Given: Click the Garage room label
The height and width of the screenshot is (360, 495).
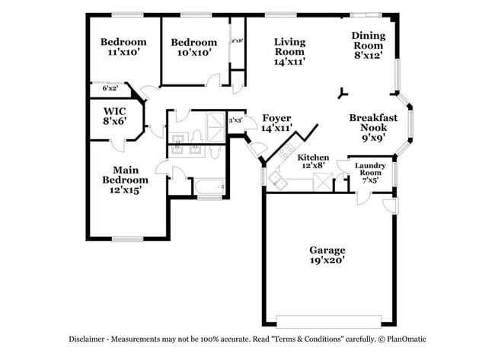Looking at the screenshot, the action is (x=327, y=250).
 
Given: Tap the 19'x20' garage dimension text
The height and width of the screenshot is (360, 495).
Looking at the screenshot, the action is (x=327, y=260).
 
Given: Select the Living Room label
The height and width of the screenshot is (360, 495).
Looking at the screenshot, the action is (x=289, y=46).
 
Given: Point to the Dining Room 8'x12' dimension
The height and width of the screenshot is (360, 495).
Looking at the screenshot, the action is (x=369, y=56).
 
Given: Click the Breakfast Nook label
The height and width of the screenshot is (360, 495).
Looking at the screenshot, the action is (x=373, y=123).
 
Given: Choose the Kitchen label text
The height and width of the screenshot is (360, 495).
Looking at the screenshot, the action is (x=313, y=157).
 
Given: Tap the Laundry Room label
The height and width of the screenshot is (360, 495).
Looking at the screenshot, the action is (x=370, y=169).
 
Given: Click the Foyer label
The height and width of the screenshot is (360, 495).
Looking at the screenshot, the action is (x=277, y=118).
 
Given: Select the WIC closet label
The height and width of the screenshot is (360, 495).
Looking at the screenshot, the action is (x=114, y=111).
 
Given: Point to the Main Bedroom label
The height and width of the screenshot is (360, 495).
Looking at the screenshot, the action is (x=126, y=175).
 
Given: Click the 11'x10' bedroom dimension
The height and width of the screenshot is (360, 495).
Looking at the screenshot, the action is (x=123, y=52).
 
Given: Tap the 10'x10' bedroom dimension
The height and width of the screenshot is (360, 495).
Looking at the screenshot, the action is (x=194, y=53).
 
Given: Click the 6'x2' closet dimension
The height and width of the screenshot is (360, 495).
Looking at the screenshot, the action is (x=110, y=88).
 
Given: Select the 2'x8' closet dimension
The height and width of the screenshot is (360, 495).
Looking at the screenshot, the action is (x=237, y=40).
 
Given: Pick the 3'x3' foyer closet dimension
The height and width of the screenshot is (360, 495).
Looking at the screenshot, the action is (x=235, y=120).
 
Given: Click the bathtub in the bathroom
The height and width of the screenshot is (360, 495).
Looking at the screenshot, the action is (x=209, y=186).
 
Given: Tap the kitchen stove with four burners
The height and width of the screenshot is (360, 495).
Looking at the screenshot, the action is (x=287, y=151).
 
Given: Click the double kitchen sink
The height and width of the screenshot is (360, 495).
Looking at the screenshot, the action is (x=277, y=180).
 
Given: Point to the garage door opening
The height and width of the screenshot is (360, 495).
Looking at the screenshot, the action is (x=329, y=321).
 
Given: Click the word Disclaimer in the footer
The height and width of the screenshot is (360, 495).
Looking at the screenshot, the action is (x=87, y=339).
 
